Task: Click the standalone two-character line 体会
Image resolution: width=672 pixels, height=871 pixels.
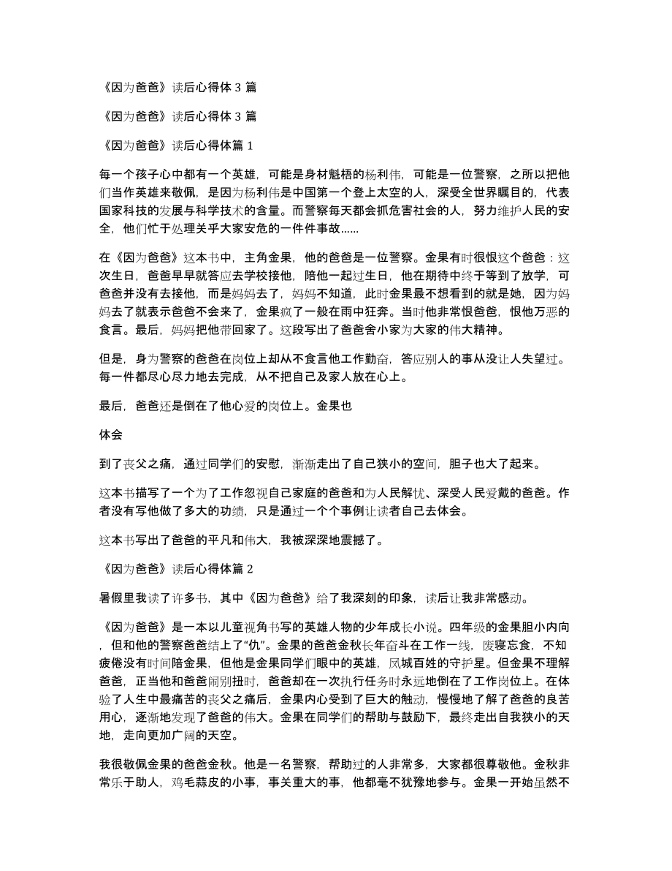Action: click(x=110, y=434)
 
